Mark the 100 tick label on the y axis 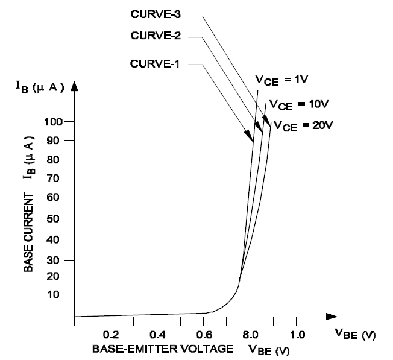54,122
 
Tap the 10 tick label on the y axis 57,294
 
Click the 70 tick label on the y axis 57,178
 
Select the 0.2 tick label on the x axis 110,334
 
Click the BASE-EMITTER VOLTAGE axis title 163,349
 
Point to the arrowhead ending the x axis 331,316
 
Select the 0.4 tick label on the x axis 157,334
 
